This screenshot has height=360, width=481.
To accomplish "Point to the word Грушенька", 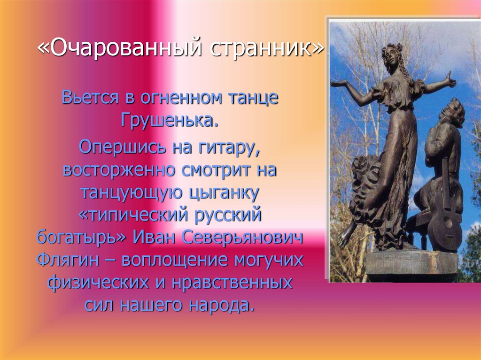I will (x=170, y=120).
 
